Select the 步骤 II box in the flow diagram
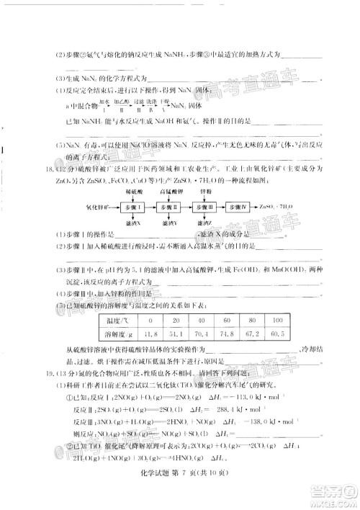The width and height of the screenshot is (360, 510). coord(180,208)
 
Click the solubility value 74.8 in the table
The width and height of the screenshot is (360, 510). coord(228,334)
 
